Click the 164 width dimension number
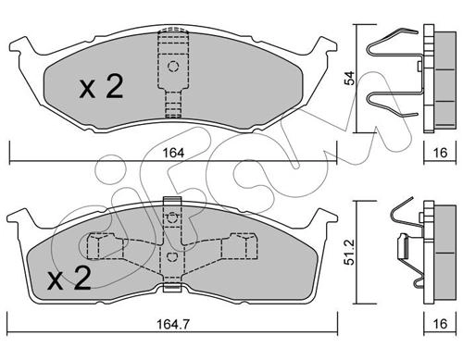coord(174,153)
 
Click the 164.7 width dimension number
coord(173,324)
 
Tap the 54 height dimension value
coord(350,79)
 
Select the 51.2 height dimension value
coord(350,253)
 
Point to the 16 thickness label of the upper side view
coord(440,153)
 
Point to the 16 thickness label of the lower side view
coord(440,324)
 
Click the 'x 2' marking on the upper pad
coord(101,87)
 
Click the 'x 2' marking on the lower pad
coord(69,279)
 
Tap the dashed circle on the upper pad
coord(173,67)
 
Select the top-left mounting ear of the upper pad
coord(21,46)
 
